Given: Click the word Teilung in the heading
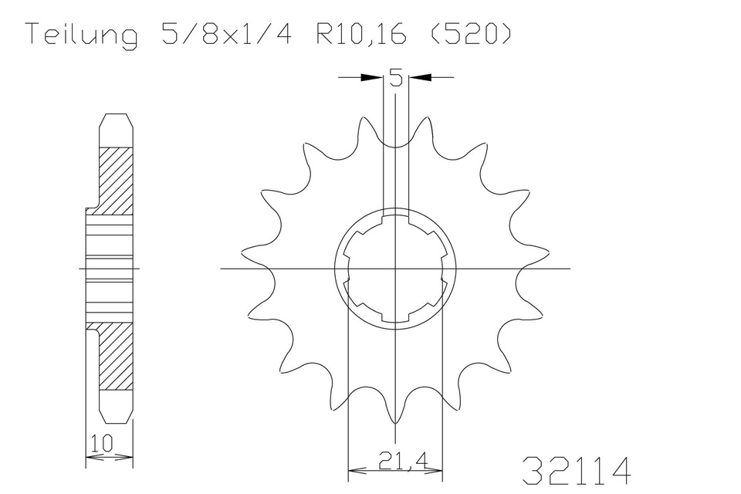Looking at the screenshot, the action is pos(83,34).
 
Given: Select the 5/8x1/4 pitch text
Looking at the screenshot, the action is pos(227,33).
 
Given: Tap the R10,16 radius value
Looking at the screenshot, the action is pos(361,34).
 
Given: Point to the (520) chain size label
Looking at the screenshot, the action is pos(471,33).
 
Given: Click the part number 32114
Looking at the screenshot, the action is pos(577,470).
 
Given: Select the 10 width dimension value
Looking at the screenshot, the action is pos(102,443).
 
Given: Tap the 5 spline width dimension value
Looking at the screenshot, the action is pos(396,77).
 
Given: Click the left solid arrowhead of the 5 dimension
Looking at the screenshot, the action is pos(371,76).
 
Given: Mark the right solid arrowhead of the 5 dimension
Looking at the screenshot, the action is pos(419,76).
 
